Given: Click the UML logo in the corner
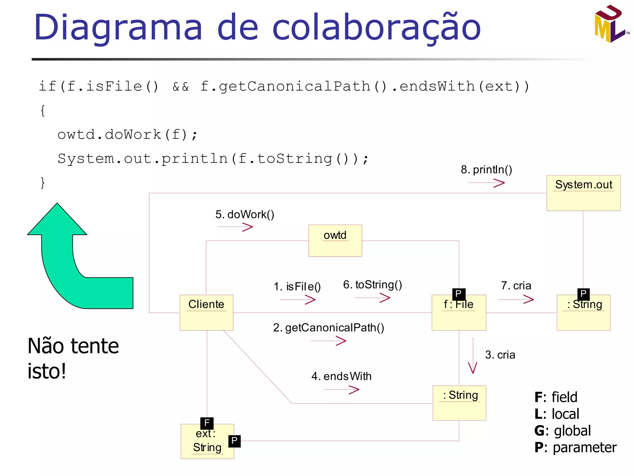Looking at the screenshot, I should pyautogui.click(x=610, y=24).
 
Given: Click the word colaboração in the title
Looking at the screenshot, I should pyautogui.click(x=376, y=28).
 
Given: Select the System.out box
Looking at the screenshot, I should pyautogui.click(x=583, y=193).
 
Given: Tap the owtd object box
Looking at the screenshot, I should pyautogui.click(x=335, y=240).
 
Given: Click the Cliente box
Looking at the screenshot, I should pyautogui.click(x=206, y=312).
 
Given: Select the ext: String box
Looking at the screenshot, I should pyautogui.click(x=207, y=441).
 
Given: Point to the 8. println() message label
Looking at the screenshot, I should pyautogui.click(x=486, y=170).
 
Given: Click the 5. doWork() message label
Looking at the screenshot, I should pyautogui.click(x=245, y=214).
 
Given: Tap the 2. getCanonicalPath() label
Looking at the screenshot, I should pyautogui.click(x=328, y=328).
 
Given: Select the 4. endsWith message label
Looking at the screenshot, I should pyautogui.click(x=341, y=376).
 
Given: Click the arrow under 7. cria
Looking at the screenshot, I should pyautogui.click(x=516, y=299).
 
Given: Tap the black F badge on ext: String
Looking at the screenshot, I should pyautogui.click(x=207, y=423).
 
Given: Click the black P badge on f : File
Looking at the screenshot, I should pyautogui.click(x=458, y=293).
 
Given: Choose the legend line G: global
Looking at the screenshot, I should pyautogui.click(x=562, y=431).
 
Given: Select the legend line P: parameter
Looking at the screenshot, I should pyautogui.click(x=575, y=447).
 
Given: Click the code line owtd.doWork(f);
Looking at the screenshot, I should pyautogui.click(x=127, y=134).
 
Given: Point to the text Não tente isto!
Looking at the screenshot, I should pyautogui.click(x=73, y=358).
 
